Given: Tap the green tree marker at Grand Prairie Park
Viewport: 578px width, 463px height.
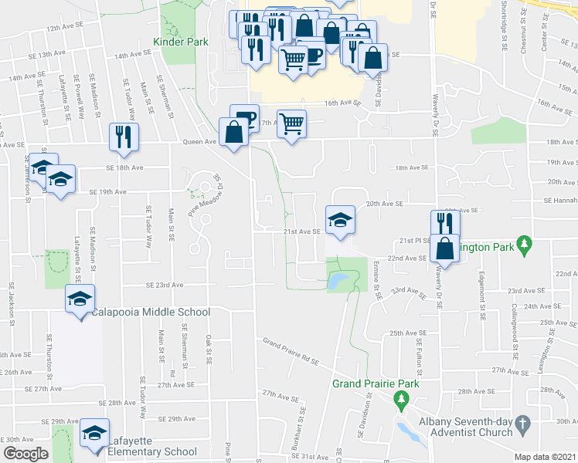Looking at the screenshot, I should click(400, 399).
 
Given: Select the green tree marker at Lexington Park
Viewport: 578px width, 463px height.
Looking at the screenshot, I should click(525, 244).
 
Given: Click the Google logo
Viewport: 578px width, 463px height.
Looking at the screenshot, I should click(25, 454).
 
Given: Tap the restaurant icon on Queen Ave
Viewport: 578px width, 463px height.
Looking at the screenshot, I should click(124, 137).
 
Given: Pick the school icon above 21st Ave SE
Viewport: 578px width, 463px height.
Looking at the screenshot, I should click(340, 219).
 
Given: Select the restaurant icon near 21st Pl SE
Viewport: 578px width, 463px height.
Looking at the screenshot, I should click(443, 224).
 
